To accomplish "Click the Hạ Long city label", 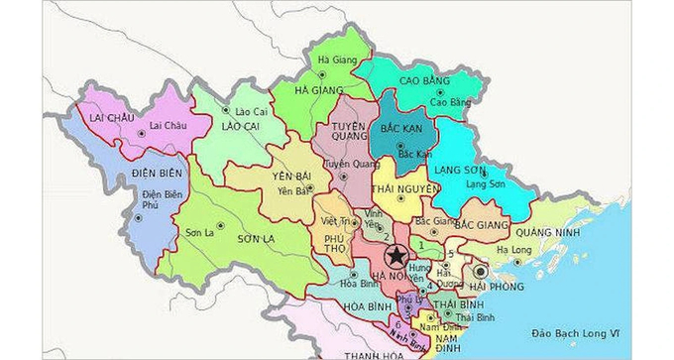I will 514,250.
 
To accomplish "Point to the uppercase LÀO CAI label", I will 243,128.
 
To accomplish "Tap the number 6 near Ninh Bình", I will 398,324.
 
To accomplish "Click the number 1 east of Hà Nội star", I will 423,243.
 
